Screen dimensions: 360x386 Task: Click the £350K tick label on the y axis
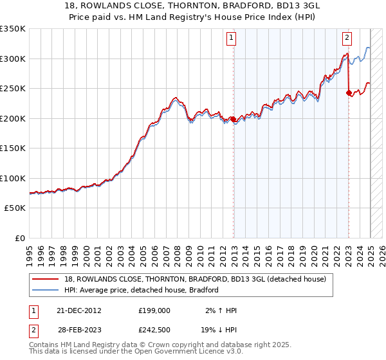coord(13,29)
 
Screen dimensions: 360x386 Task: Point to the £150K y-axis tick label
coord(13,148)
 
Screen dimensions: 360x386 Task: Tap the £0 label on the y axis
coord(20,238)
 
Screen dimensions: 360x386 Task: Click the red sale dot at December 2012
coord(234,119)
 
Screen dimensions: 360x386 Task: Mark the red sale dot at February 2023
coord(349,93)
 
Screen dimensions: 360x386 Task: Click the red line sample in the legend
coord(45,279)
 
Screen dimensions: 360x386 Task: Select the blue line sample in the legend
coord(45,290)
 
